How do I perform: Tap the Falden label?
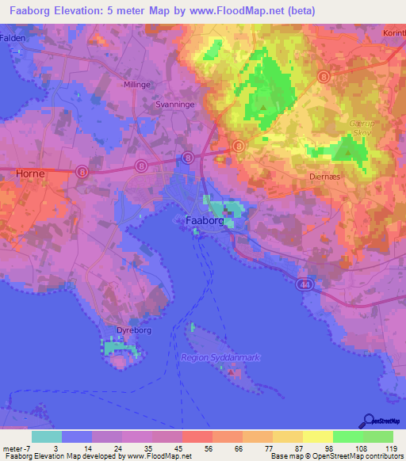(x=13, y=37)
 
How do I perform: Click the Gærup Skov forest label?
(x=360, y=129)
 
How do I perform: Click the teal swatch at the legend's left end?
(x=47, y=436)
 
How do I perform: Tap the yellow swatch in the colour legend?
(x=317, y=436)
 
